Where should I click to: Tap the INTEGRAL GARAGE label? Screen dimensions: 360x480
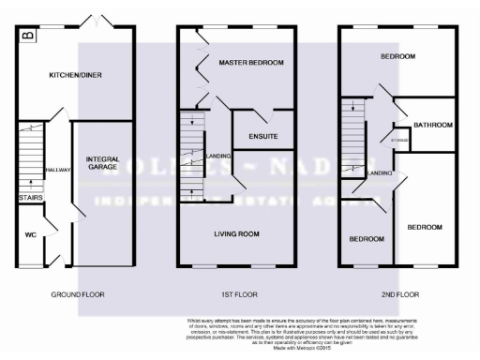102,165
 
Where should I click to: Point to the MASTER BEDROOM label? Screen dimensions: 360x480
250,62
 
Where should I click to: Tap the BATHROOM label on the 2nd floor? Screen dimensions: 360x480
434,125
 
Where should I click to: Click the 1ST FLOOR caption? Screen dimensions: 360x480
237,294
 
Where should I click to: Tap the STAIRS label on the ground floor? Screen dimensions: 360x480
28,198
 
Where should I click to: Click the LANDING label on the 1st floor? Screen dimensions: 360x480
220,156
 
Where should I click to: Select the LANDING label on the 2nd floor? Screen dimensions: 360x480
380,173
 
